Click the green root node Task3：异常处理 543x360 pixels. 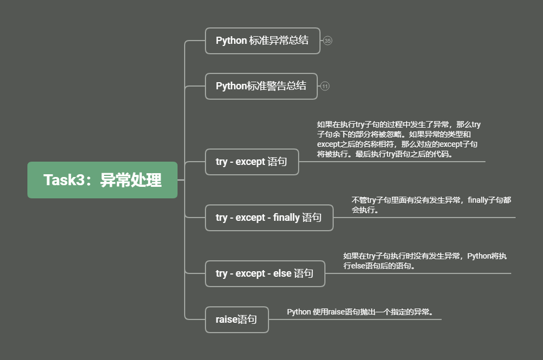click(x=102, y=180)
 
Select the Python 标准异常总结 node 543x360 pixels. click(x=262, y=41)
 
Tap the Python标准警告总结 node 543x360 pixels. click(x=261, y=86)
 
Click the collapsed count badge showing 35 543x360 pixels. click(x=328, y=41)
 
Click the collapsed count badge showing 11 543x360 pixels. click(x=325, y=86)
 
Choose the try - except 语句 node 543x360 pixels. click(x=252, y=162)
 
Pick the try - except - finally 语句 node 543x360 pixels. click(x=269, y=218)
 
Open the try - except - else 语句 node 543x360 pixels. click(x=265, y=273)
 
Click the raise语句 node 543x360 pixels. click(x=237, y=319)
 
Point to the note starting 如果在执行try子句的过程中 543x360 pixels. click(x=398, y=139)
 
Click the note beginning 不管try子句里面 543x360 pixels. click(x=431, y=205)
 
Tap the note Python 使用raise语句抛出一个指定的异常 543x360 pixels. click(x=361, y=312)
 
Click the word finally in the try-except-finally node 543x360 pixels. click(x=286, y=218)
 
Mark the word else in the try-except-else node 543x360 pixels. click(x=282, y=273)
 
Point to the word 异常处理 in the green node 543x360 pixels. click(x=131, y=180)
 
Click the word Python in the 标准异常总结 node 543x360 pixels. click(x=231, y=41)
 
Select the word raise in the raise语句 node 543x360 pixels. click(x=227, y=319)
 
